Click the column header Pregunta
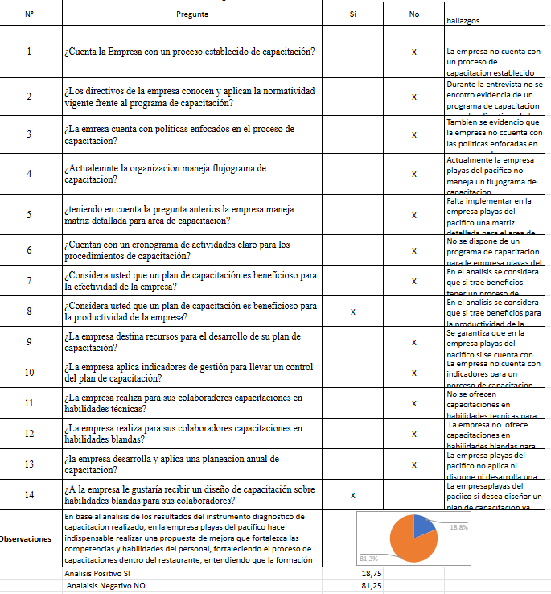click(191, 15)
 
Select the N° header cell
click(29, 15)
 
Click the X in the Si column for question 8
click(353, 311)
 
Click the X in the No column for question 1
click(413, 52)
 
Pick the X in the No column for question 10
click(413, 373)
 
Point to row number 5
click(29, 215)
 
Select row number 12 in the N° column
click(29, 434)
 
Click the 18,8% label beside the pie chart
click(458, 527)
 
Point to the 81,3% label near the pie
click(368, 558)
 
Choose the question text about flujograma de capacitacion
click(165, 174)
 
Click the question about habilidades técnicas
click(183, 403)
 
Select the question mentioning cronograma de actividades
click(177, 250)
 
